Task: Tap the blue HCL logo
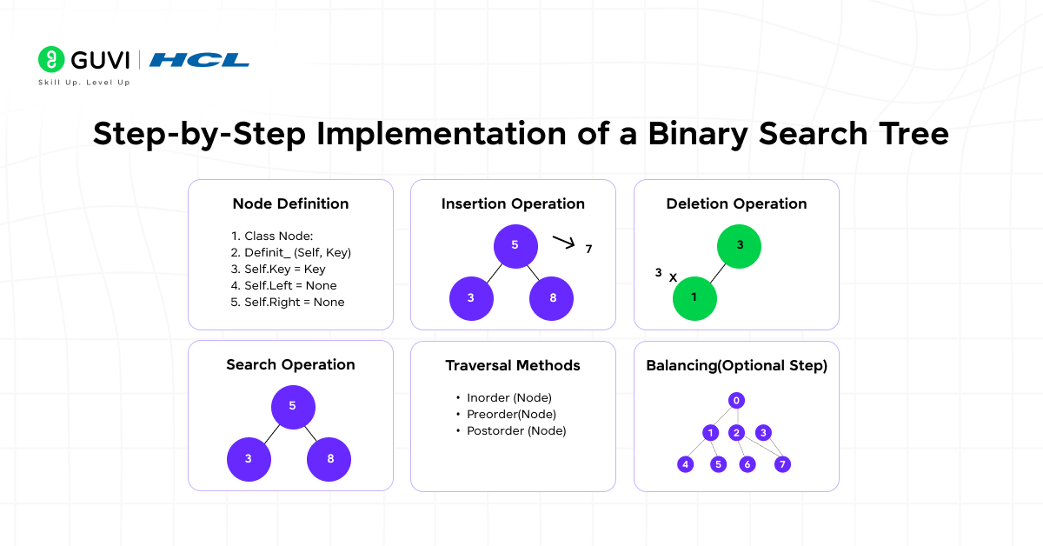tap(199, 60)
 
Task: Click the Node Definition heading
tap(290, 204)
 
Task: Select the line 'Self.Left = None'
tap(284, 285)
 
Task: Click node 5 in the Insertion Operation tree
tap(515, 245)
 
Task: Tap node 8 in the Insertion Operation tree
tap(552, 298)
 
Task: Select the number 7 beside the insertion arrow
tap(588, 250)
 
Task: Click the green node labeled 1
tap(694, 298)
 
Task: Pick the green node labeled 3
tap(740, 245)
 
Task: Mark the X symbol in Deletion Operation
tap(673, 277)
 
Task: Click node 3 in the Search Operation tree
tap(249, 459)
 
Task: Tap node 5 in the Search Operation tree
tap(293, 406)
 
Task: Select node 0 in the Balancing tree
tap(736, 401)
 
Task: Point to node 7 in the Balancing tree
tap(782, 464)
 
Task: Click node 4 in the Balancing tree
tap(686, 464)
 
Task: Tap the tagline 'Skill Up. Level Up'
tap(83, 83)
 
